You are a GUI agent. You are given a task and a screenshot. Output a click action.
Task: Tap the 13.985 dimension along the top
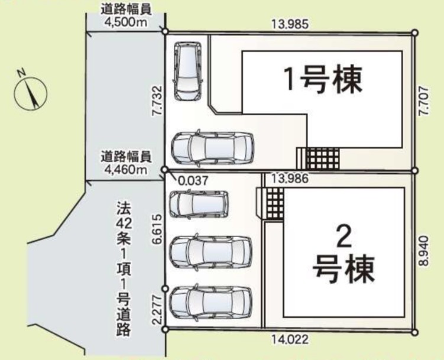pyautogui.click(x=290, y=24)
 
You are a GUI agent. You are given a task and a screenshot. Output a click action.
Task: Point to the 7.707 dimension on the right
pyautogui.click(x=424, y=101)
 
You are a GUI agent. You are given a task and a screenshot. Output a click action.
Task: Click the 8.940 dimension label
pyautogui.click(x=424, y=251)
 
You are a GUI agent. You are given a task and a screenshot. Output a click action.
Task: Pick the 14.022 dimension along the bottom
pyautogui.click(x=290, y=339)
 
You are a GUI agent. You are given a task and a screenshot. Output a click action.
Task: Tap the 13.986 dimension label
pyautogui.click(x=290, y=179)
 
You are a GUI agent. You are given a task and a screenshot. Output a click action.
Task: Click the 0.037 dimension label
pyautogui.click(x=193, y=180)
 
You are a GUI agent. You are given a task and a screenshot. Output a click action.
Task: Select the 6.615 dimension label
pyautogui.click(x=157, y=229)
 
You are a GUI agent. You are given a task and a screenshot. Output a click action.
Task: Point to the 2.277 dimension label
pyautogui.click(x=157, y=310)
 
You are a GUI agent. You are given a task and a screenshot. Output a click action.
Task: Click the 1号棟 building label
pyautogui.click(x=323, y=80)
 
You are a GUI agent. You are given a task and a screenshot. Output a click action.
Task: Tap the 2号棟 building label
pyautogui.click(x=343, y=255)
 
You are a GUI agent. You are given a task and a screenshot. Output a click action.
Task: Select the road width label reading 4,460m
pyautogui.click(x=126, y=163)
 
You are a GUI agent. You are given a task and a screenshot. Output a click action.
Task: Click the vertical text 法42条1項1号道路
pyautogui.click(x=124, y=268)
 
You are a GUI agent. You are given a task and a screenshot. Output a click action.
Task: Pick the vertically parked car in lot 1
pyautogui.click(x=188, y=71)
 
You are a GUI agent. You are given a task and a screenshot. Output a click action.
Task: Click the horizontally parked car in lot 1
pyautogui.click(x=213, y=147)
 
